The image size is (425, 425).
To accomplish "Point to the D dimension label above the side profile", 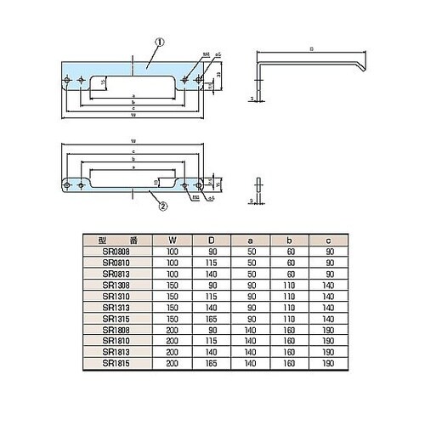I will [x=311, y=49].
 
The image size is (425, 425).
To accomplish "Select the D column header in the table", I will [x=212, y=240].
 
